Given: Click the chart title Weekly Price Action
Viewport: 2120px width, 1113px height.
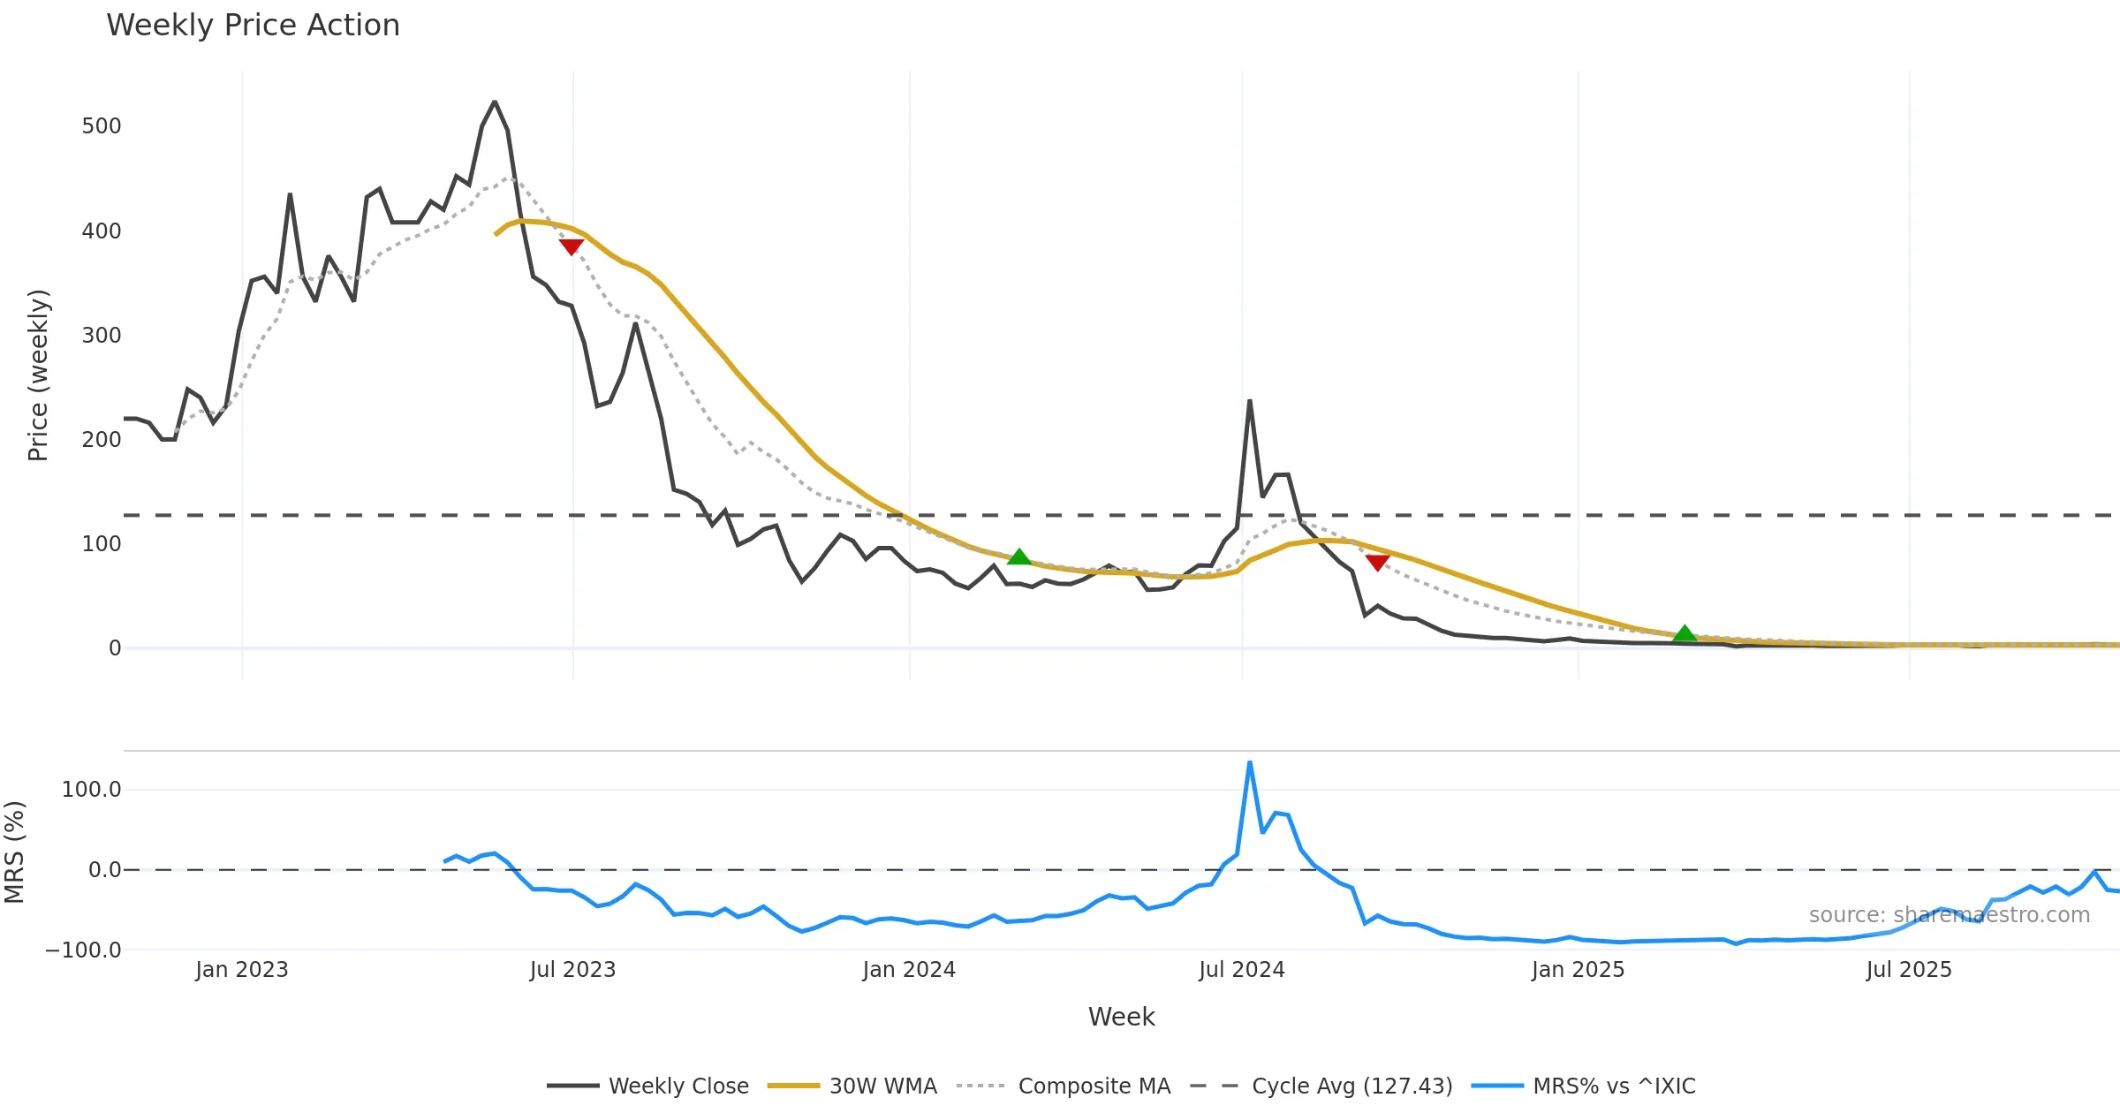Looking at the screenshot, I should click(253, 26).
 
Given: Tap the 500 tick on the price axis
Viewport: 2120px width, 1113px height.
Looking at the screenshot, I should click(102, 126).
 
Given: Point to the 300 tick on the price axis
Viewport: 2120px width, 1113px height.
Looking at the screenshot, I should click(102, 336).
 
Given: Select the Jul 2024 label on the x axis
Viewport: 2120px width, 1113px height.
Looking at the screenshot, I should click(1241, 970).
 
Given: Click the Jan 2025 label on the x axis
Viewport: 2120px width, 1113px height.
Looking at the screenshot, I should click(1578, 970).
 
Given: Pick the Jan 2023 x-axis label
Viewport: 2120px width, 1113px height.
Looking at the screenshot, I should click(242, 970).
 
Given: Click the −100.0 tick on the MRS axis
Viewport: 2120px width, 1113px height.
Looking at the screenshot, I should click(83, 950).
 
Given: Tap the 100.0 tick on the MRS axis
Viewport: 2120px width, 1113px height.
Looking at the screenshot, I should click(91, 790).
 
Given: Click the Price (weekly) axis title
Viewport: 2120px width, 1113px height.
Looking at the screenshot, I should click(38, 375).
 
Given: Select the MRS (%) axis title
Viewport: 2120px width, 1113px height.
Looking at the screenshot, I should click(15, 852).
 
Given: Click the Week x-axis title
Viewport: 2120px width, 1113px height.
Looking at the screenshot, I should click(1121, 1018).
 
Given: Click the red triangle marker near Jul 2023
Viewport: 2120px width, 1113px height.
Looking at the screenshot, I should click(572, 246).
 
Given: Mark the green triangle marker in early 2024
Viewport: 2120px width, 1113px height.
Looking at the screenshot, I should click(1019, 556).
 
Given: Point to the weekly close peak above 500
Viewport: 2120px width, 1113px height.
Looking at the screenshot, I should click(495, 102).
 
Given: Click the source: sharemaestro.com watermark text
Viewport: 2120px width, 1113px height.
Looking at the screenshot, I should click(1949, 915).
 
